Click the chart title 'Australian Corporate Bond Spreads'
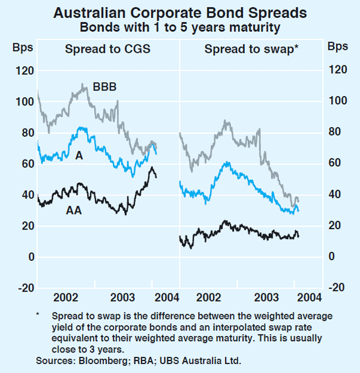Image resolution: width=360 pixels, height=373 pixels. [x=179, y=13]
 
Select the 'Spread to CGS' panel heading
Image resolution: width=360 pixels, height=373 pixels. [x=107, y=49]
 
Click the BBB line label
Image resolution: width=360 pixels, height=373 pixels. [x=104, y=87]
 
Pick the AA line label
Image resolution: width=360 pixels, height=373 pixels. [x=73, y=210]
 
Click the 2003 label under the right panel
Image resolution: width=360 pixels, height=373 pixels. [x=266, y=298]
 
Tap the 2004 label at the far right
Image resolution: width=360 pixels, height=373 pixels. [x=308, y=298]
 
